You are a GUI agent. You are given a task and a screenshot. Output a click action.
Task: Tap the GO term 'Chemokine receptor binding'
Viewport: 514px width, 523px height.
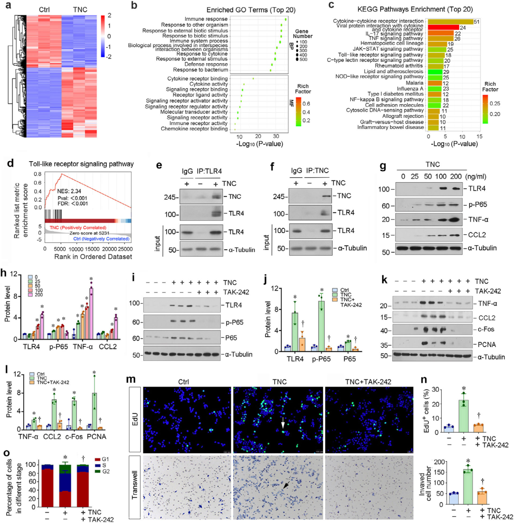[x=196, y=128]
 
